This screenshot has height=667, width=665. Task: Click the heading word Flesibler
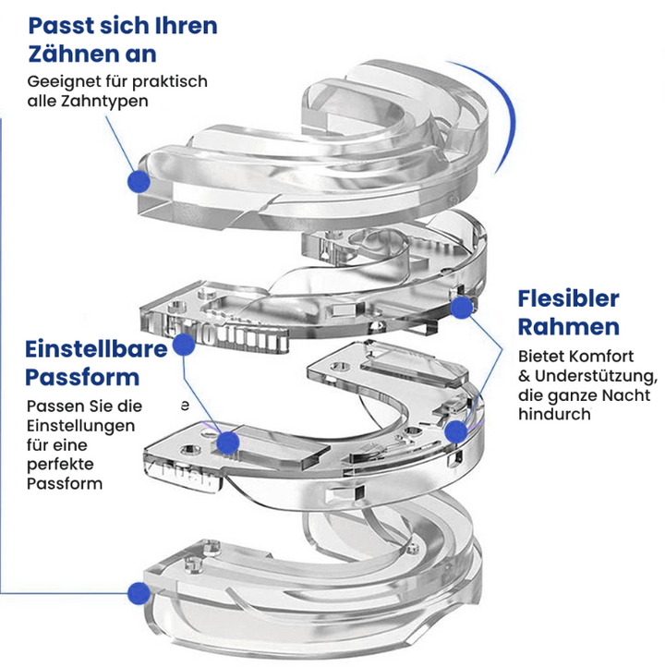click(x=568, y=298)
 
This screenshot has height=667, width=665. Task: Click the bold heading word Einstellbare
click(x=96, y=349)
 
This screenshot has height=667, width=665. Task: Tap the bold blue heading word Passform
click(x=81, y=377)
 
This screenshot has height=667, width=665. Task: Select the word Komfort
click(x=598, y=357)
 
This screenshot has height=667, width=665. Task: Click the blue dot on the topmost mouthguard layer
click(x=139, y=180)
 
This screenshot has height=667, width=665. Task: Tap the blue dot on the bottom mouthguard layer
click(x=139, y=592)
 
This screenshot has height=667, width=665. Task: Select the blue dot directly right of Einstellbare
click(x=184, y=345)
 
